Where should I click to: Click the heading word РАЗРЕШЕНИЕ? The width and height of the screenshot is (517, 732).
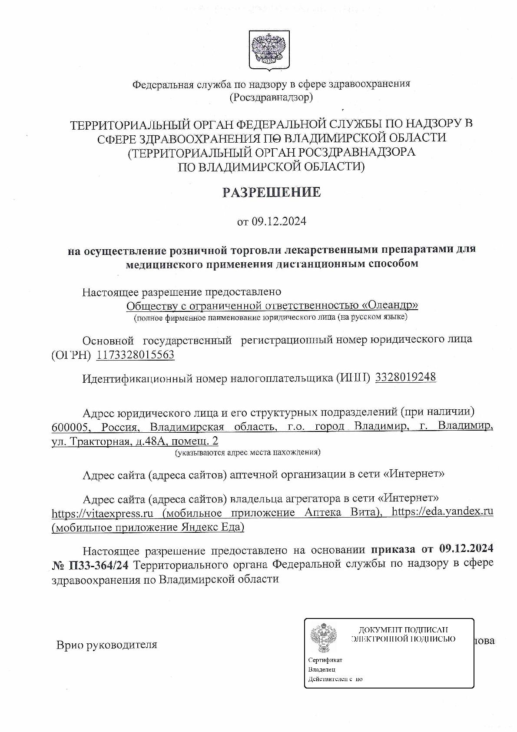pyautogui.click(x=272, y=192)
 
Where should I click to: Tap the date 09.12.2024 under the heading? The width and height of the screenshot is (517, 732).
pyautogui.click(x=278, y=221)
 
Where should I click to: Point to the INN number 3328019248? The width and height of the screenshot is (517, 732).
pyautogui.click(x=405, y=377)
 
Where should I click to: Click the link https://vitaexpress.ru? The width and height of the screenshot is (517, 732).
pyautogui.click(x=102, y=513)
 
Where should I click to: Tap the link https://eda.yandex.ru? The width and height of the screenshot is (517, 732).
pyautogui.click(x=442, y=511)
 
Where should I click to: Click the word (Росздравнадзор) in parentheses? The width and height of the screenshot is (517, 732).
pyautogui.click(x=271, y=97)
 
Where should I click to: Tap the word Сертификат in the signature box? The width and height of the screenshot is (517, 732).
pyautogui.click(x=325, y=660)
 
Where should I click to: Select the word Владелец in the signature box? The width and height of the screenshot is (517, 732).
pyautogui.click(x=321, y=669)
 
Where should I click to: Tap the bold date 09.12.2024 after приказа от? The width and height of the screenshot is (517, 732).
pyautogui.click(x=466, y=550)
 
